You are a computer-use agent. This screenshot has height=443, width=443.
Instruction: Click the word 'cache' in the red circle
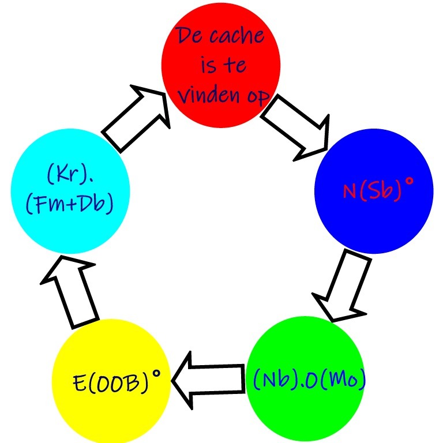[x=236, y=37]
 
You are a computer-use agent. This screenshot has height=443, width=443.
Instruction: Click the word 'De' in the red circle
[x=189, y=37]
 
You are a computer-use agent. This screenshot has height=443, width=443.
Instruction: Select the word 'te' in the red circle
[x=235, y=66]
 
